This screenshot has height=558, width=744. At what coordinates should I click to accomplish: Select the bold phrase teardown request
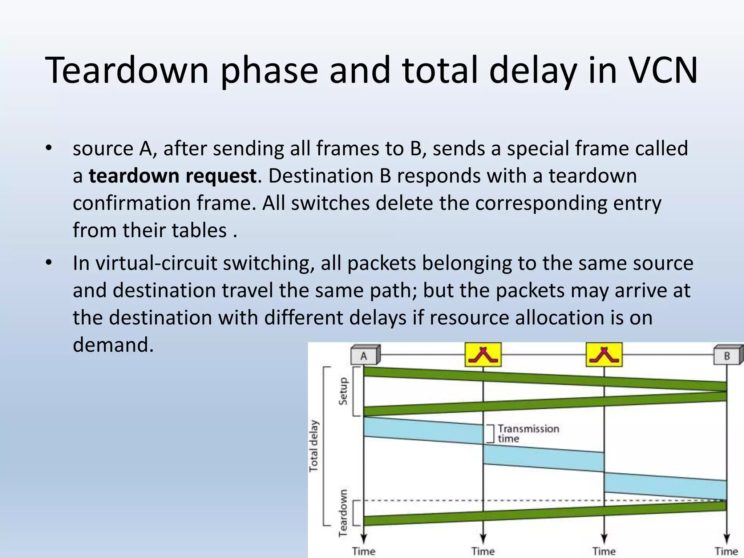[173, 176]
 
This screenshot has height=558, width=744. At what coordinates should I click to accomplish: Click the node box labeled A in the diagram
[364, 355]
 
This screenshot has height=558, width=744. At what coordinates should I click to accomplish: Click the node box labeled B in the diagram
[727, 355]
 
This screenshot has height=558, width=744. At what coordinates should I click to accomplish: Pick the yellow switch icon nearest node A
[483, 355]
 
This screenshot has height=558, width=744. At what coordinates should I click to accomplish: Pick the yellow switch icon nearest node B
[604, 355]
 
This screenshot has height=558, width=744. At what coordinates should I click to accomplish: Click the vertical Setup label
[343, 391]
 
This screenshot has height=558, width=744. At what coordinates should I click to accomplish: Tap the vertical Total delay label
[313, 446]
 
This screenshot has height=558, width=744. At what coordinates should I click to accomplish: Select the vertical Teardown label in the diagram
[343, 513]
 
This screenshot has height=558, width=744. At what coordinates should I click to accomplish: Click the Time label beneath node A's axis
[364, 551]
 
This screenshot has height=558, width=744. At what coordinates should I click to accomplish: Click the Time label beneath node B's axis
[726, 551]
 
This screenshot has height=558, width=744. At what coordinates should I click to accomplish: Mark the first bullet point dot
[49, 148]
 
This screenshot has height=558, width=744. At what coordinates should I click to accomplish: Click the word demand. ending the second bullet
[113, 344]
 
